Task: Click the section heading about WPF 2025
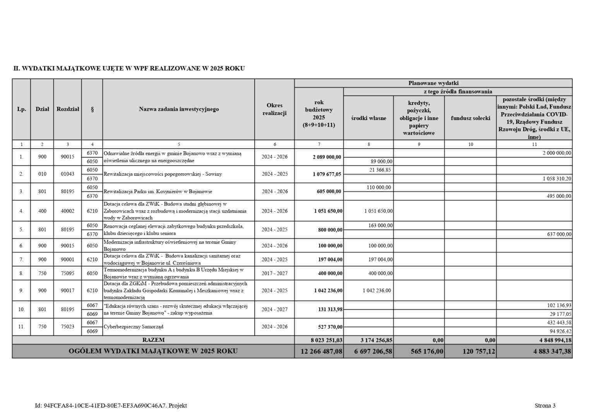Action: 129,69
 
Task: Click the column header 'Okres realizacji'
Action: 274,109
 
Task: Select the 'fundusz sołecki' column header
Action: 470,118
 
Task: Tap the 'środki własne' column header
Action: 368,118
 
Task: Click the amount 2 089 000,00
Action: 327,157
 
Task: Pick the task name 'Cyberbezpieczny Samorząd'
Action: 134,327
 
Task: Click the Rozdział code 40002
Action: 67,211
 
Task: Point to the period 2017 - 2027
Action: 274,273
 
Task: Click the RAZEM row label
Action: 153,340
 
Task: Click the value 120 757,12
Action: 478,351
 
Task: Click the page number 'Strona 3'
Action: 545,406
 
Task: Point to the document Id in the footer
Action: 111,406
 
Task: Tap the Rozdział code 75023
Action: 67,327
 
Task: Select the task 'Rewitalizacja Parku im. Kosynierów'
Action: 158,192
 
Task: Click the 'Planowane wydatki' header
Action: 433,83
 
